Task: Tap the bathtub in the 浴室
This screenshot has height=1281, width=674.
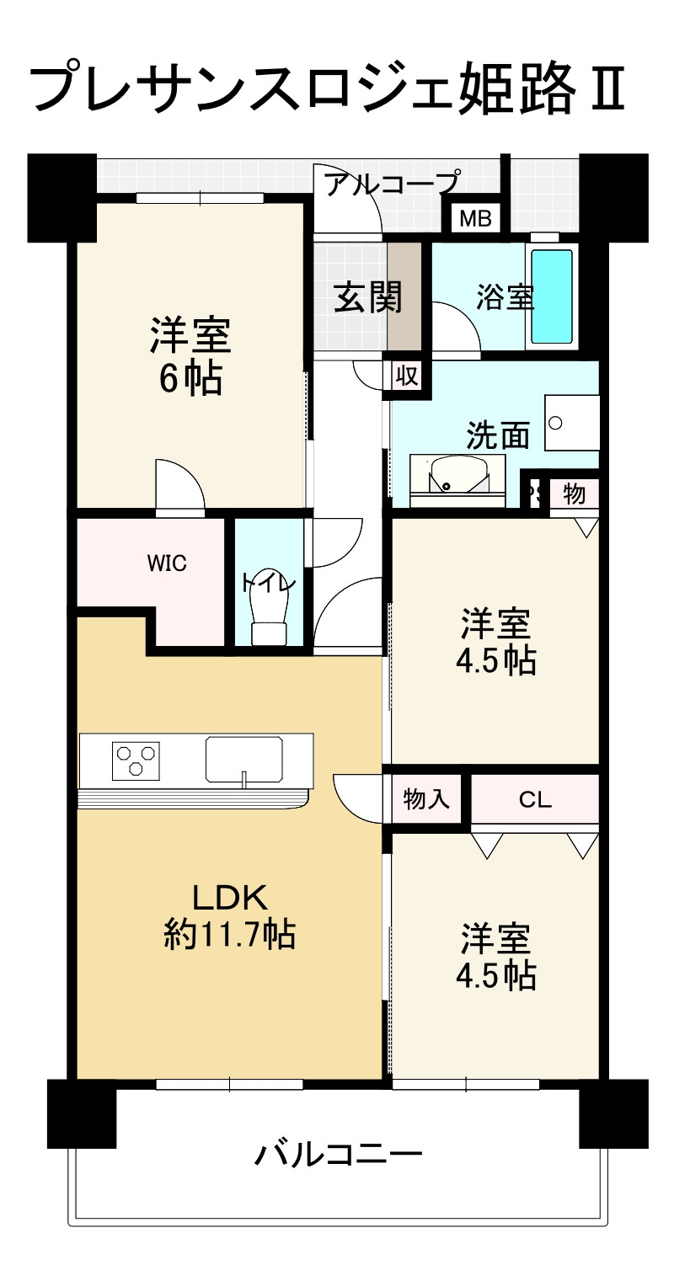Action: tap(552, 296)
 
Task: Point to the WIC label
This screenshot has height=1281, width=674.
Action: tap(167, 564)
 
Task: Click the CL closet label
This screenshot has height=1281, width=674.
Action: tap(534, 799)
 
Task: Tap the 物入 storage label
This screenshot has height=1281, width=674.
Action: tap(426, 799)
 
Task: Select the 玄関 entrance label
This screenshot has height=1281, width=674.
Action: tap(368, 298)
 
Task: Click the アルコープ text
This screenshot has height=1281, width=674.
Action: tap(393, 183)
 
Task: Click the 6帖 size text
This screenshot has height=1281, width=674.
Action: tap(190, 380)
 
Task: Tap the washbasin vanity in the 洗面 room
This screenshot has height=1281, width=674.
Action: tap(457, 480)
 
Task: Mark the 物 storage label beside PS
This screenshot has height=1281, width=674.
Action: tap(574, 494)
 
